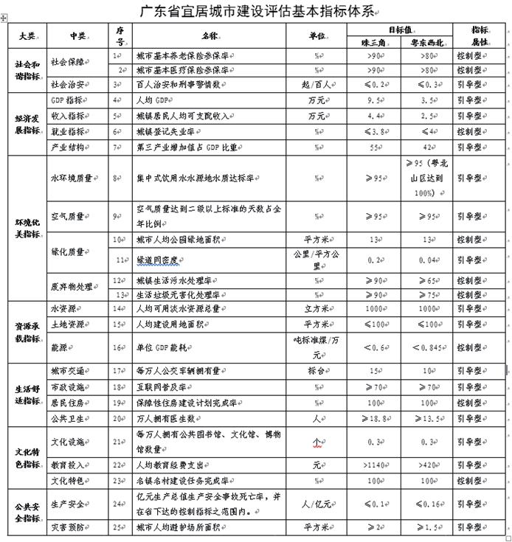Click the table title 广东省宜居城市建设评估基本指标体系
[x=256, y=10]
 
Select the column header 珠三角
[x=377, y=41]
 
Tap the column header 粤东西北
[x=432, y=41]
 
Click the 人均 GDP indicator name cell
[x=159, y=98]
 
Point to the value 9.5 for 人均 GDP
[x=377, y=98]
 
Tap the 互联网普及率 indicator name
[x=165, y=386]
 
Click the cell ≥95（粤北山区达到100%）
[x=432, y=178]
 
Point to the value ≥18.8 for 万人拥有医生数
[x=377, y=417]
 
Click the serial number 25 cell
[x=117, y=527]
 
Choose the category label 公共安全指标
[x=26, y=512]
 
